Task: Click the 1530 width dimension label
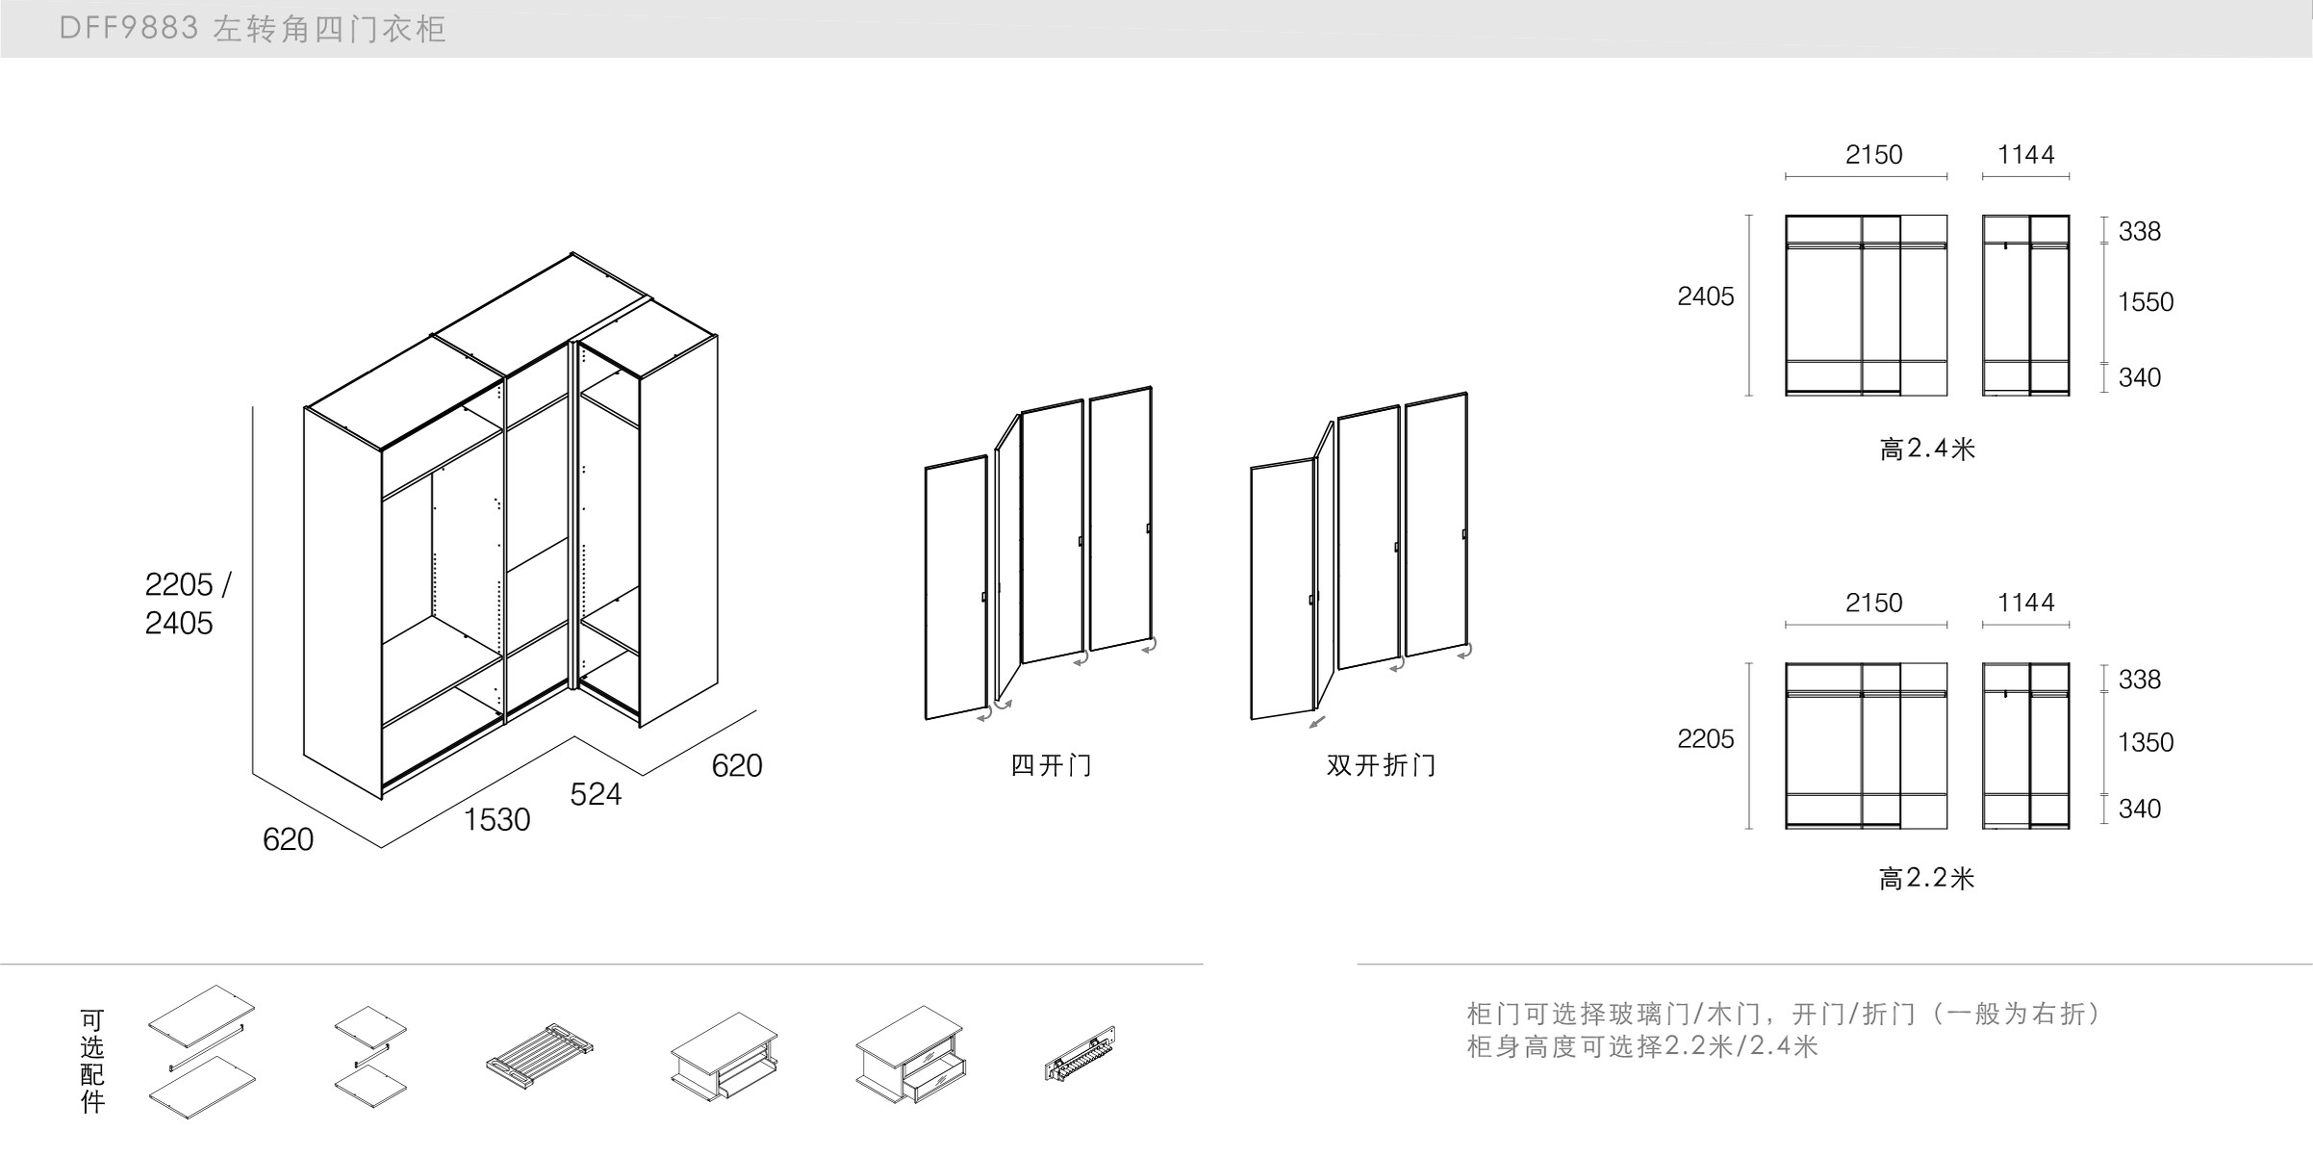(x=496, y=820)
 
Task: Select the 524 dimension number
(x=596, y=794)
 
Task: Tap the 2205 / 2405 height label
(x=187, y=604)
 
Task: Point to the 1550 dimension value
(x=2145, y=302)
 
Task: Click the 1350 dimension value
(x=2145, y=742)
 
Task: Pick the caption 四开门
(x=1051, y=765)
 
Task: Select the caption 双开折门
(x=1381, y=765)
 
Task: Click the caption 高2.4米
(x=1926, y=449)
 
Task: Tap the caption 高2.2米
(x=1926, y=878)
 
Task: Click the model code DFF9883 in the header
(x=129, y=29)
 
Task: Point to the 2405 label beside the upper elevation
(x=1705, y=296)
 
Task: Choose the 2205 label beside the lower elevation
(x=1705, y=739)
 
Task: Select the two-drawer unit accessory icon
(x=910, y=1055)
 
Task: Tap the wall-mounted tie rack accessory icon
(x=1080, y=1053)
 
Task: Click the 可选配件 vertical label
(x=92, y=1061)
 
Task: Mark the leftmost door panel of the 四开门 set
(x=955, y=588)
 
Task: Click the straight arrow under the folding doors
(x=1317, y=722)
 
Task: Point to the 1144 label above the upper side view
(x=2025, y=155)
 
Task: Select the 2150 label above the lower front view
(x=1873, y=604)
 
